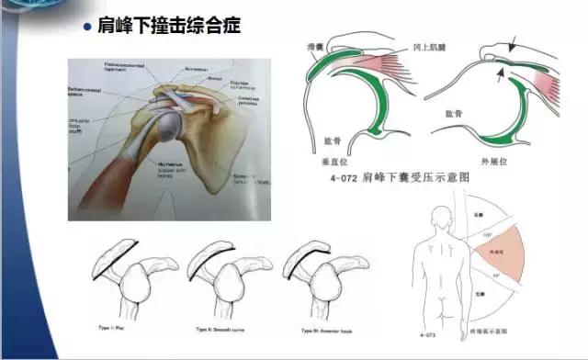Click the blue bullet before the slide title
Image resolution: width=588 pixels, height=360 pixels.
tap(88, 26)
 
